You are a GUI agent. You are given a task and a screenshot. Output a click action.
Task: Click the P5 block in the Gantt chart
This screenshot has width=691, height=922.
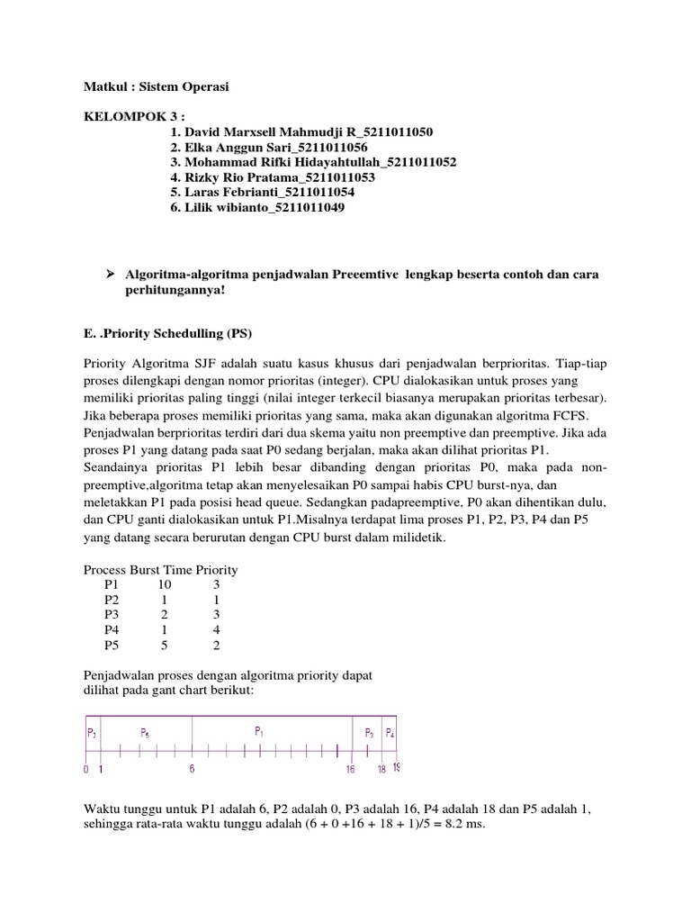pos(145,733)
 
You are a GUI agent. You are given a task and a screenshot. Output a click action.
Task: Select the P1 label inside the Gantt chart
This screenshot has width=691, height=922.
pos(259,730)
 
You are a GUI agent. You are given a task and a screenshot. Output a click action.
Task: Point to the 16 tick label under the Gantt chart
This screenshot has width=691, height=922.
pos(351,770)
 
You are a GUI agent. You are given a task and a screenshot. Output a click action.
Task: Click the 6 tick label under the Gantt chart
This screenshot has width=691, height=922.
pos(193,770)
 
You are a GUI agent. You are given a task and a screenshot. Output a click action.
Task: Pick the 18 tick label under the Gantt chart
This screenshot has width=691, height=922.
pos(381,770)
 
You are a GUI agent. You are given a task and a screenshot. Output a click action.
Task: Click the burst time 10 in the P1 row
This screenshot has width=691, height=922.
pos(165,584)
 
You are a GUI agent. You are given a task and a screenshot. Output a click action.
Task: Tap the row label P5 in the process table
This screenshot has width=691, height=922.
pos(112,646)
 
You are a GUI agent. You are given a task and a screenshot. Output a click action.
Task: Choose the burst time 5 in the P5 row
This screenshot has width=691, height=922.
pos(165,646)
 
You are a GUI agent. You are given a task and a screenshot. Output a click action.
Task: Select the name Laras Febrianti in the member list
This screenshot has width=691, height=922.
pos(226,193)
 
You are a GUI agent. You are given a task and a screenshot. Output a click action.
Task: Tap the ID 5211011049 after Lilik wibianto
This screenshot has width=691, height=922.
pos(300,208)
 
